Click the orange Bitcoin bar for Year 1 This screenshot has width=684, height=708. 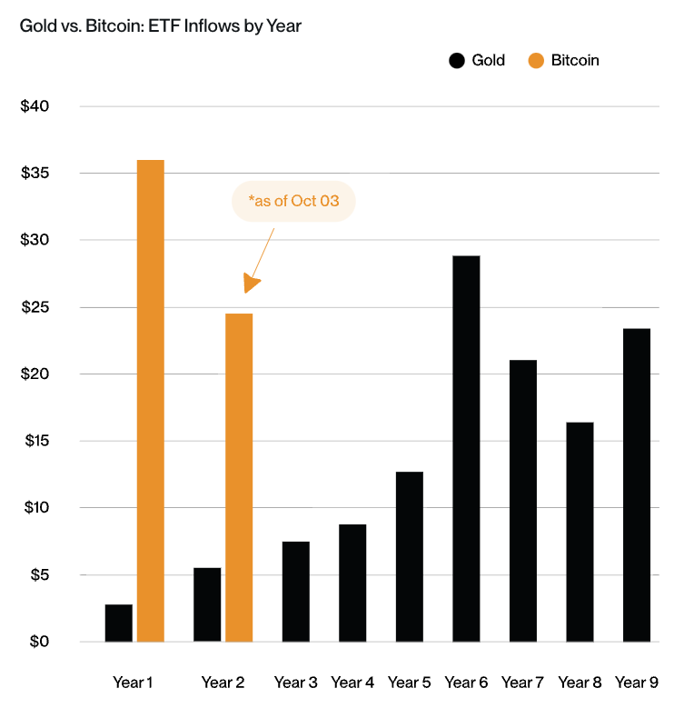coord(150,401)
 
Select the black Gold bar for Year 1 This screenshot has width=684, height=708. coord(119,623)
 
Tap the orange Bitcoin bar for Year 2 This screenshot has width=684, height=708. coord(239,477)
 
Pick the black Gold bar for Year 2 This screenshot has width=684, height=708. coord(207,604)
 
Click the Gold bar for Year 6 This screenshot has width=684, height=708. coord(466,449)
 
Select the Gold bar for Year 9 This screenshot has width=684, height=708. coord(636,484)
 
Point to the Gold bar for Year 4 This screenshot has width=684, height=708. coord(352,583)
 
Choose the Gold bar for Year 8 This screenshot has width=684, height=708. coord(580,532)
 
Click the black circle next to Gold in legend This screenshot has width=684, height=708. coord(457,61)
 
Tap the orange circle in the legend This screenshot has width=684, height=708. coord(536,61)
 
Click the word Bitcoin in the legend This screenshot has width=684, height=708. coord(575,61)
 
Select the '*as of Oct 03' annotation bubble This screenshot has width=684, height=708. coord(293,201)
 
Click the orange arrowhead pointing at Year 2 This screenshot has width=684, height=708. coord(252,284)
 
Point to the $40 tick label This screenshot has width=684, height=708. coord(35,106)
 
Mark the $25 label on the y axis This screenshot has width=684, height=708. coord(35,307)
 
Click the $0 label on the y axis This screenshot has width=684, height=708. coord(38,642)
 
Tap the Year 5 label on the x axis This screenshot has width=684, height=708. coord(409,682)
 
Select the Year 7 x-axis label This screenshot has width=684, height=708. coord(522,682)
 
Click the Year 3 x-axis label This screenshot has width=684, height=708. coord(295,682)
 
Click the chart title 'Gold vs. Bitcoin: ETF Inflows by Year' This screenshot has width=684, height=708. coord(161,26)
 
